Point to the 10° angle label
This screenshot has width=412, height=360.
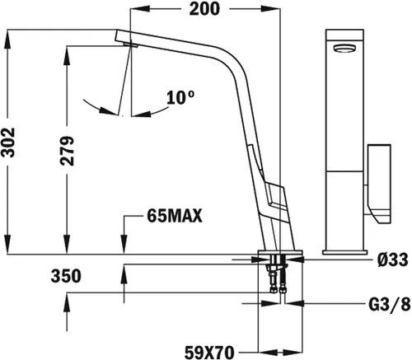(x=180, y=97)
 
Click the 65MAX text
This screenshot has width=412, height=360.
(x=175, y=217)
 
